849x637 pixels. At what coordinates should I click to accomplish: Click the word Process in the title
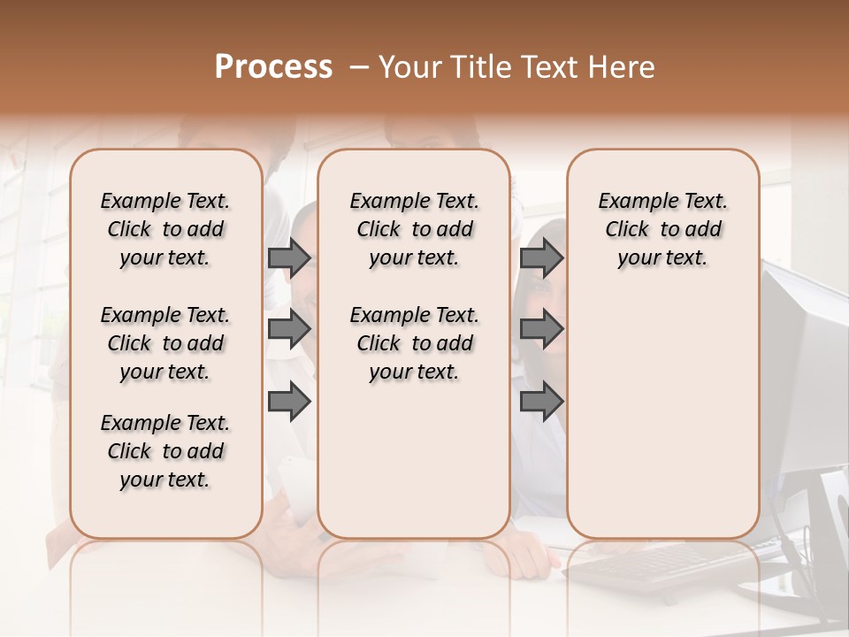[273, 67]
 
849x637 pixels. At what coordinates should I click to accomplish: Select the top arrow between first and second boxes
[289, 257]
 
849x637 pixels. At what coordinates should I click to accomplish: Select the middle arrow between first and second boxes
[289, 329]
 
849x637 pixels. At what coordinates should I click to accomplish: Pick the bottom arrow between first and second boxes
[289, 401]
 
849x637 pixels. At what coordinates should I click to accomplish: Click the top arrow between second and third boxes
[541, 257]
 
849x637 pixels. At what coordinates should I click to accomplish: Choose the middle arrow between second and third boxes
[541, 329]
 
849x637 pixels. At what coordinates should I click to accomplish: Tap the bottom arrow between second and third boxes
[541, 401]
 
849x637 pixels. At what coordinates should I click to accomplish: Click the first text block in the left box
[165, 229]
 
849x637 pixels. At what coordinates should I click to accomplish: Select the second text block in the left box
[165, 343]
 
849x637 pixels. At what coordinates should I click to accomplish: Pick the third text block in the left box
[165, 451]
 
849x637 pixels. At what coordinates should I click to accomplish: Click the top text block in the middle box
[414, 229]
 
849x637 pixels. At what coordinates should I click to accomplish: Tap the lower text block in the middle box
[414, 343]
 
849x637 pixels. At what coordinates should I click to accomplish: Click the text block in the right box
[662, 229]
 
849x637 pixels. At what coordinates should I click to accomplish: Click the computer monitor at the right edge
[805, 372]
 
